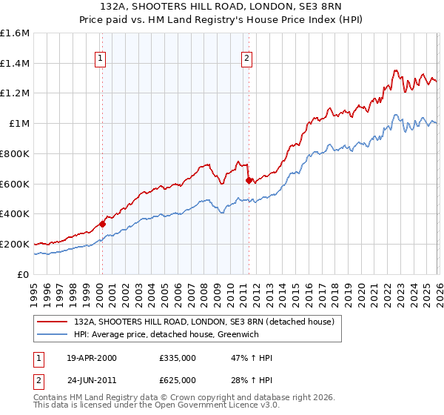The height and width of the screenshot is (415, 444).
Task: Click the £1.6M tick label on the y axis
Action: (x=15, y=33)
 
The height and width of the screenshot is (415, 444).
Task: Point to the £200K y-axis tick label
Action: (x=15, y=244)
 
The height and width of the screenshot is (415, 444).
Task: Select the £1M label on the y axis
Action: (x=19, y=124)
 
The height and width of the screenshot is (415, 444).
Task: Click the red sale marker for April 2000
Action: (x=102, y=223)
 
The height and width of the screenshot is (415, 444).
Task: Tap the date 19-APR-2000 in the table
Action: (x=92, y=358)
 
